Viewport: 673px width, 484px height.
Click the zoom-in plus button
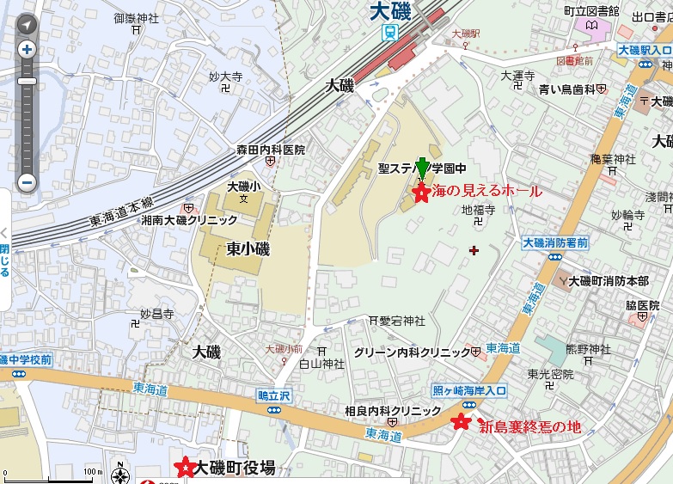(27, 49)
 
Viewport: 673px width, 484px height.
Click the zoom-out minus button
(27, 182)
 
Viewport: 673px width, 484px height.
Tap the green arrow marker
(422, 169)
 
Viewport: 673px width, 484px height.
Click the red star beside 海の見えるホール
(422, 193)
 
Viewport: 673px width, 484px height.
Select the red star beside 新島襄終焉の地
(462, 422)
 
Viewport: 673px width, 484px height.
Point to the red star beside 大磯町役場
(184, 467)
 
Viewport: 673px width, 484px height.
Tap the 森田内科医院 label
(271, 150)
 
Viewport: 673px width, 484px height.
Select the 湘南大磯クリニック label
(188, 220)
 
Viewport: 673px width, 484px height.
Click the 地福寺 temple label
(479, 210)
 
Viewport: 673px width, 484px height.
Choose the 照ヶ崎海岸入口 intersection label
(469, 389)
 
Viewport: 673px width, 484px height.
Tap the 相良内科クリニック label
(392, 411)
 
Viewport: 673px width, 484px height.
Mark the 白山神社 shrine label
(321, 364)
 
